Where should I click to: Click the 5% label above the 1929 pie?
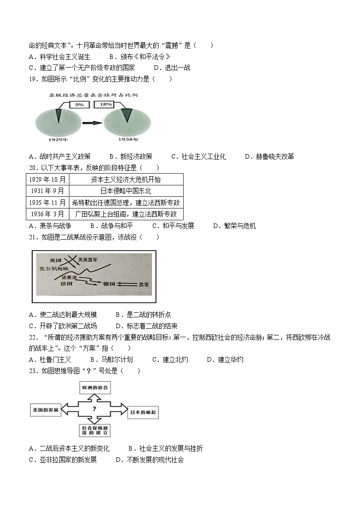click(x=80, y=105)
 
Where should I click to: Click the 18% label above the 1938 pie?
click(x=106, y=105)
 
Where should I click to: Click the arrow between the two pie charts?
click(x=92, y=122)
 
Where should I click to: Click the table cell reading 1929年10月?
click(x=47, y=179)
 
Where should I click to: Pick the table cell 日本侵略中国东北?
click(x=126, y=191)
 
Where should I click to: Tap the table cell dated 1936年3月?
click(x=47, y=214)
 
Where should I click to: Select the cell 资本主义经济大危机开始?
click(x=126, y=179)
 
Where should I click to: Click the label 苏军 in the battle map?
click(x=145, y=284)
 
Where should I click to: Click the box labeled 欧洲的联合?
click(x=94, y=388)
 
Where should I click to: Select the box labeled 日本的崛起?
click(x=142, y=412)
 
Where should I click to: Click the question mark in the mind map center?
click(x=94, y=409)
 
